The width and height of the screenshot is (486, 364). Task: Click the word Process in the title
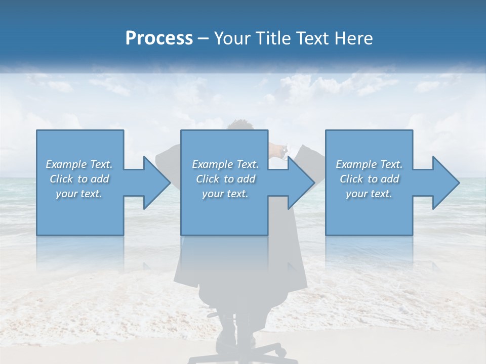159,38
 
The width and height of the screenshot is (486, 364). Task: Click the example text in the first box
79,179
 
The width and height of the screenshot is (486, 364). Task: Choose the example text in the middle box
225,179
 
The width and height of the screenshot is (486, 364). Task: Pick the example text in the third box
369,179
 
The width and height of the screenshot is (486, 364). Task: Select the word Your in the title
231,38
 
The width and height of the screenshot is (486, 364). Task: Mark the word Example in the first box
66,164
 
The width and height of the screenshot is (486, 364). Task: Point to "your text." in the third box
369,194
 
